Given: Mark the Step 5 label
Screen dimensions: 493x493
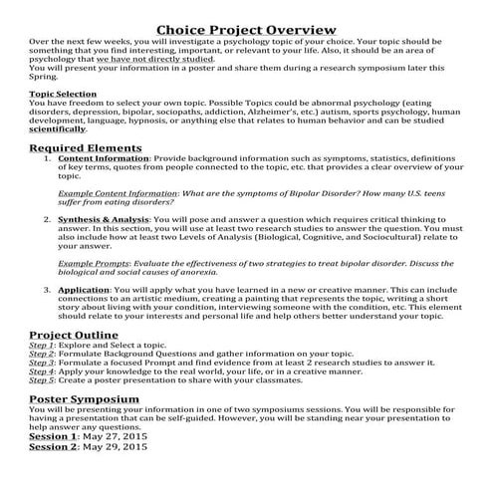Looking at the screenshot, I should (x=41, y=379).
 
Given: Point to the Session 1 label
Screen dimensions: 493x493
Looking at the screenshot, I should (x=52, y=436).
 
